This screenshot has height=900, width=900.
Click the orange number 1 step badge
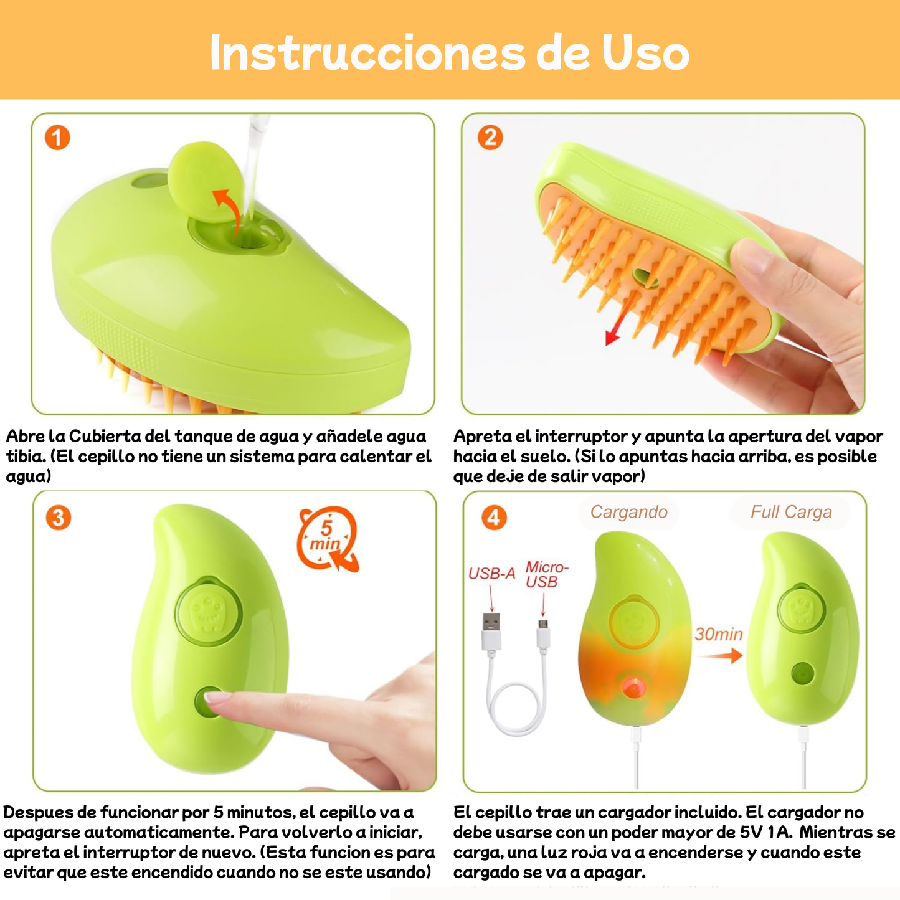coord(57,138)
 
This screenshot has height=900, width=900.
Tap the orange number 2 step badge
coord(490,138)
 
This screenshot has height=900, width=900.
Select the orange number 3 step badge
coord(59,518)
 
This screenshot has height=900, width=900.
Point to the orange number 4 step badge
coord(493,518)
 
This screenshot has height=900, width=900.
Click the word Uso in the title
coord(645,54)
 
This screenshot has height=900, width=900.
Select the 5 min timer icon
coord(328,538)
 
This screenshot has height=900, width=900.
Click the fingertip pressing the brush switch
coord(215,699)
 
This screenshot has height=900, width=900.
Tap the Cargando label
coord(628,512)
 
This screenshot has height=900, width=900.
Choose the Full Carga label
coord(791,512)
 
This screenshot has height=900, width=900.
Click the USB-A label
coord(491,573)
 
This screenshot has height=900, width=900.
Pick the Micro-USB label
coord(546,574)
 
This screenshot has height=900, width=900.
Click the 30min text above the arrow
coord(719,634)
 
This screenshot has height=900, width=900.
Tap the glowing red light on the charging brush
coord(633,688)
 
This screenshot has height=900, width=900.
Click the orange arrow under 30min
coord(720,655)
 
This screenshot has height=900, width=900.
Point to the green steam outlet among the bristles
coord(645,278)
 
